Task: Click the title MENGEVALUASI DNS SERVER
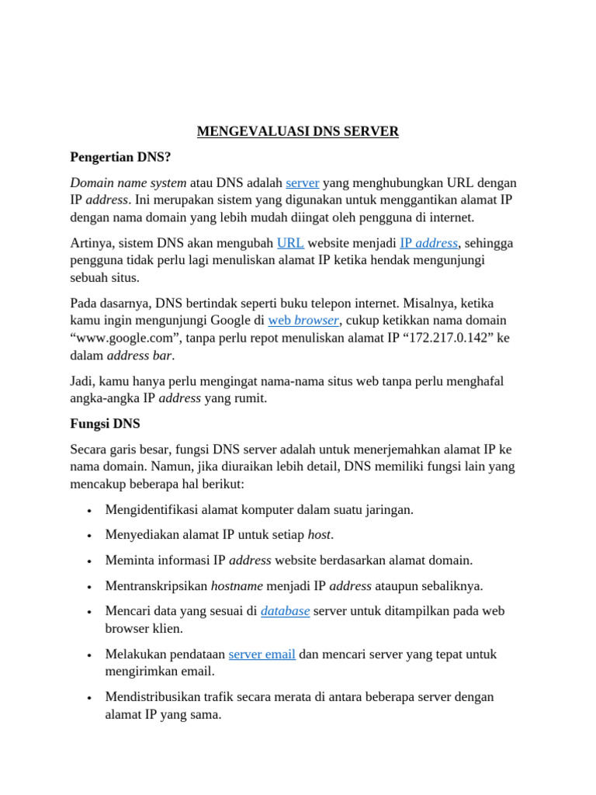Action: pos(298,131)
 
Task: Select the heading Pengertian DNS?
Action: pos(120,157)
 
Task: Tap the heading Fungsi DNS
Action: pos(105,425)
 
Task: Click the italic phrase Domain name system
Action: pos(128,182)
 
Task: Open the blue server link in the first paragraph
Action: pos(303,182)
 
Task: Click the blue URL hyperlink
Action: pos(289,243)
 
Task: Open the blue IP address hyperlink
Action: pos(428,243)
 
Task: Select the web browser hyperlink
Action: pos(303,320)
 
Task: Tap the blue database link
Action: pos(285,611)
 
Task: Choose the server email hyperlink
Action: pos(262,654)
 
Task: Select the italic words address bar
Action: pos(140,356)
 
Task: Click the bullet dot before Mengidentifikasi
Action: pos(91,511)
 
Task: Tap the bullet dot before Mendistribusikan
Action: pos(91,698)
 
